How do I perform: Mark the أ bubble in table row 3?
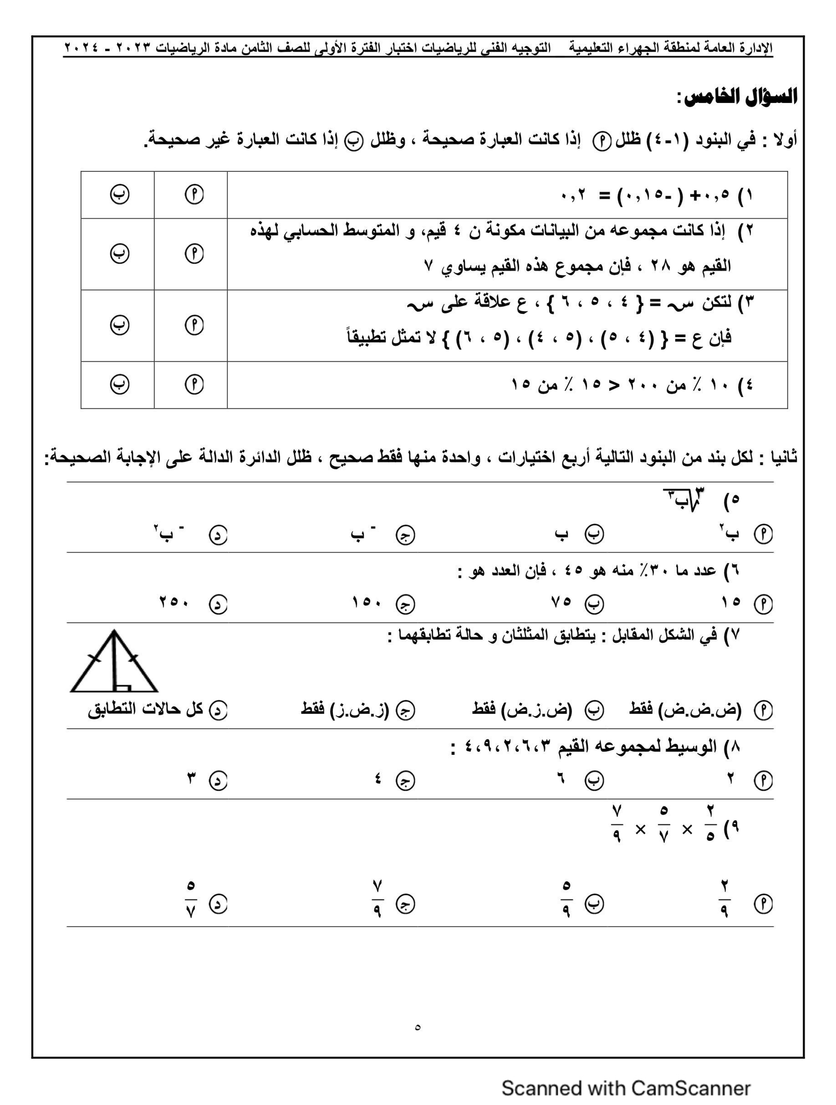point(194,325)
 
